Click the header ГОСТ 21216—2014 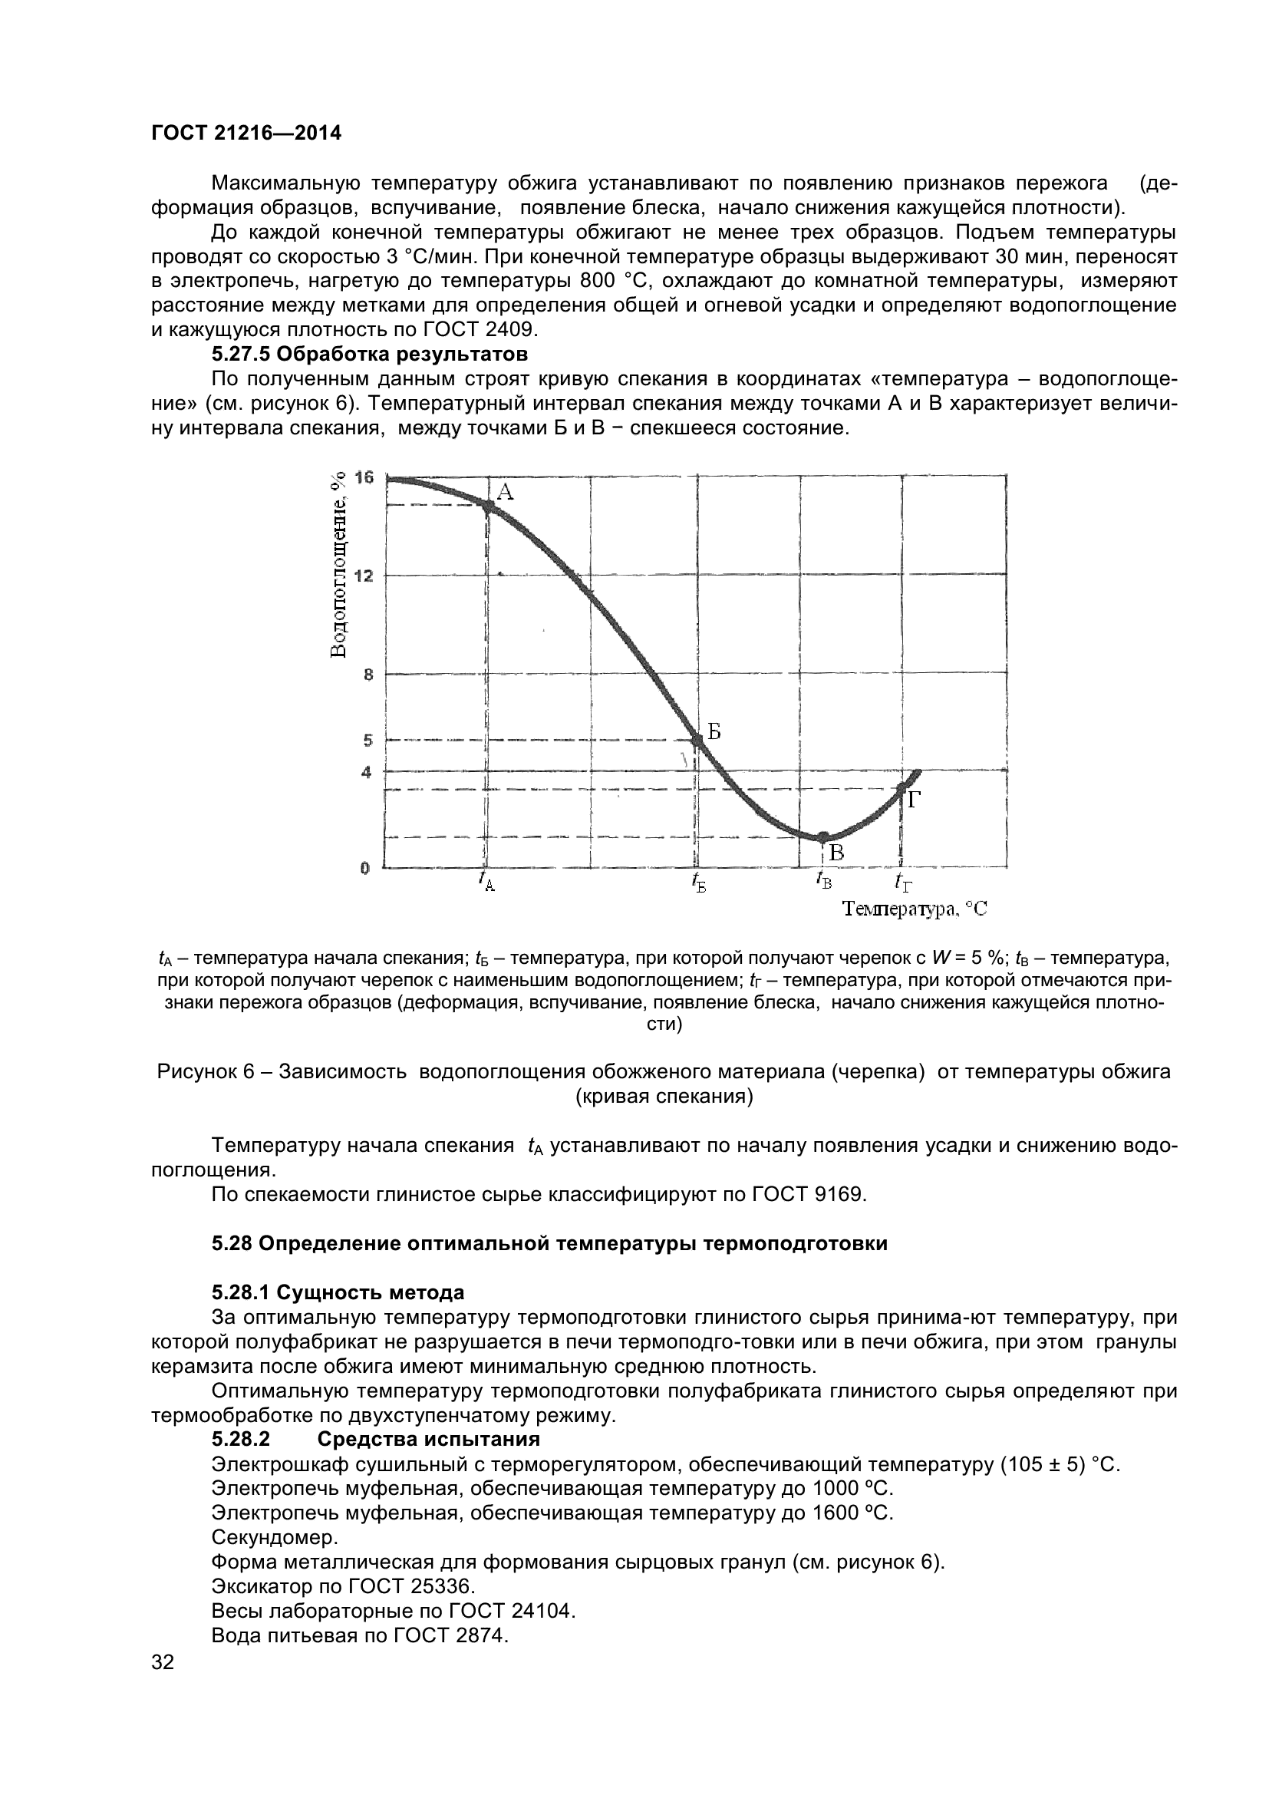(246, 134)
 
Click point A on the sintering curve (489, 506)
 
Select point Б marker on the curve (697, 740)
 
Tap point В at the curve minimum (822, 837)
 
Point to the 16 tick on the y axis (364, 477)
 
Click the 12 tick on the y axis (364, 576)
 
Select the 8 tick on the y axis (368, 675)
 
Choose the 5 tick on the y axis (368, 740)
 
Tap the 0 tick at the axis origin (365, 868)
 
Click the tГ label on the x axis (903, 882)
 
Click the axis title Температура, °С (915, 909)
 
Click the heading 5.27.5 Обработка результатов (370, 354)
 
